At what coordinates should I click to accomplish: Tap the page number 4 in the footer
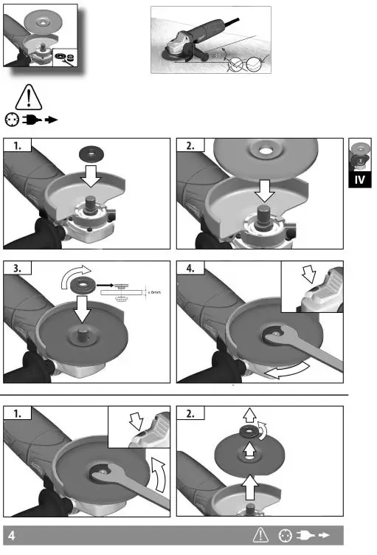(x=12, y=534)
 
